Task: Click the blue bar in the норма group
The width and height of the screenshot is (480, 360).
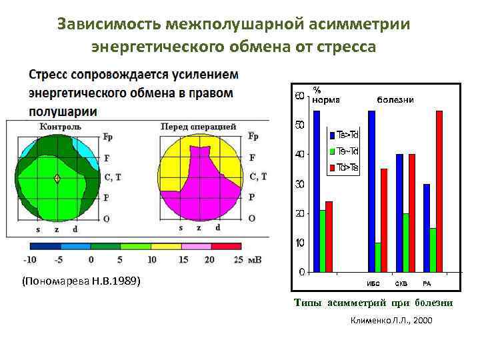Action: [x=317, y=191]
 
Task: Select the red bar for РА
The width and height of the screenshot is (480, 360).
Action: [x=439, y=191]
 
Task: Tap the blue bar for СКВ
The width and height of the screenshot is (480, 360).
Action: [x=399, y=213]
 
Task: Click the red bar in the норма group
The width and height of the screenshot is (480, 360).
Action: [x=329, y=236]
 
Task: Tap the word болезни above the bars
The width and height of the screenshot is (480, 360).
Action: [x=395, y=99]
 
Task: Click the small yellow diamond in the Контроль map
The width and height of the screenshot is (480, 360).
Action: [x=57, y=178]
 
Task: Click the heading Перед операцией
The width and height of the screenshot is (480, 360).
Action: [x=198, y=126]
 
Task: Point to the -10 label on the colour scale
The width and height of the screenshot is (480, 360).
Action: [x=29, y=260]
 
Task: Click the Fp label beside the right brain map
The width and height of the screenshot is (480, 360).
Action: [x=253, y=137]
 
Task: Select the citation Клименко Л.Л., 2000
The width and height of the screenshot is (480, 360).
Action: [x=391, y=321]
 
